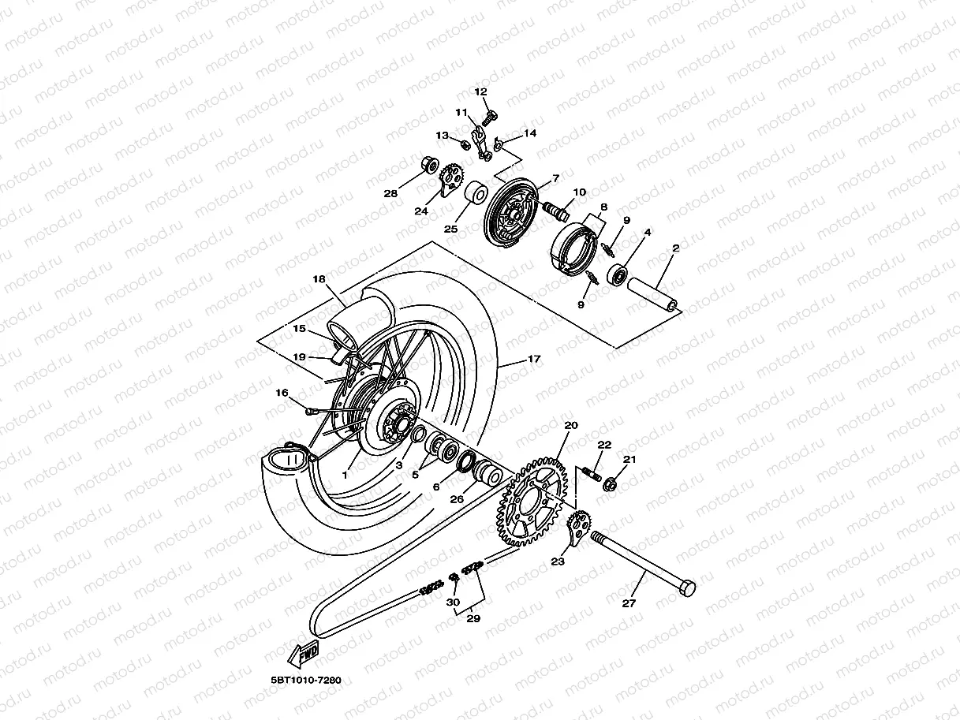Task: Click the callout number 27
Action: pyautogui.click(x=628, y=603)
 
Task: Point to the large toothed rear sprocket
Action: pyautogui.click(x=532, y=503)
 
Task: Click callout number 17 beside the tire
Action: pyautogui.click(x=534, y=359)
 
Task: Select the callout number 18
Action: pyautogui.click(x=319, y=279)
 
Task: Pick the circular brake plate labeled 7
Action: pyautogui.click(x=512, y=213)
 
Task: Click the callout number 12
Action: pyautogui.click(x=481, y=92)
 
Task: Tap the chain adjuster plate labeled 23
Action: pyautogui.click(x=577, y=529)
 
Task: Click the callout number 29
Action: pyautogui.click(x=473, y=618)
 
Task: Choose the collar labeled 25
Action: pyautogui.click(x=476, y=194)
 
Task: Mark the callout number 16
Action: pyautogui.click(x=282, y=392)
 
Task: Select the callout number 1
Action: pyautogui.click(x=345, y=476)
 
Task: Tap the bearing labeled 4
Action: pyautogui.click(x=618, y=275)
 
